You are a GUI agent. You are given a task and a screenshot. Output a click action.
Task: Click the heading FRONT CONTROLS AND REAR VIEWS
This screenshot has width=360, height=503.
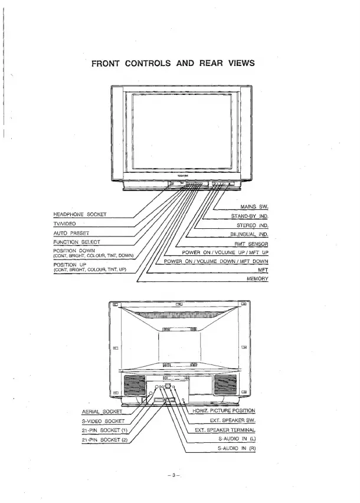click(173, 63)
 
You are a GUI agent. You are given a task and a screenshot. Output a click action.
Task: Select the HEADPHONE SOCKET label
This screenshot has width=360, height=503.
click(80, 214)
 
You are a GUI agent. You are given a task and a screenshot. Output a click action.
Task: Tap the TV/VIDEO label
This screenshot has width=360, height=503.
click(63, 223)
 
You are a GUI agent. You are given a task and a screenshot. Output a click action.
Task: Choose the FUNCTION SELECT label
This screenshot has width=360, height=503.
click(77, 242)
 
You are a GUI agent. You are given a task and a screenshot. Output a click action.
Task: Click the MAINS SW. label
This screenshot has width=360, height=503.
click(255, 207)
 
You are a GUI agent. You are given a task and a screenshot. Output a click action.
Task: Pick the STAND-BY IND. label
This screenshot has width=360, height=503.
click(250, 216)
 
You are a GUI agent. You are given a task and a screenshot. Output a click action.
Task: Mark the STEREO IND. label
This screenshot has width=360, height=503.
click(253, 225)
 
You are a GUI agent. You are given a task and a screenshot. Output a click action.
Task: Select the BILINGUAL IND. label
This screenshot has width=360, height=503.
click(249, 235)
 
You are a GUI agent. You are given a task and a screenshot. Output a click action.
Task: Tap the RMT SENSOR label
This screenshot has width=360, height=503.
click(251, 244)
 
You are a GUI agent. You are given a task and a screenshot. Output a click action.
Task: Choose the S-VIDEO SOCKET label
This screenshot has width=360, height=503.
click(102, 421)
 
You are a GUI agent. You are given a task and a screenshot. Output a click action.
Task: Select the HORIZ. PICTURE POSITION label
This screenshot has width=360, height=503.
click(224, 410)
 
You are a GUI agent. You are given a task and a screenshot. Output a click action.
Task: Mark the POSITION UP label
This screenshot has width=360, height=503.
click(70, 265)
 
